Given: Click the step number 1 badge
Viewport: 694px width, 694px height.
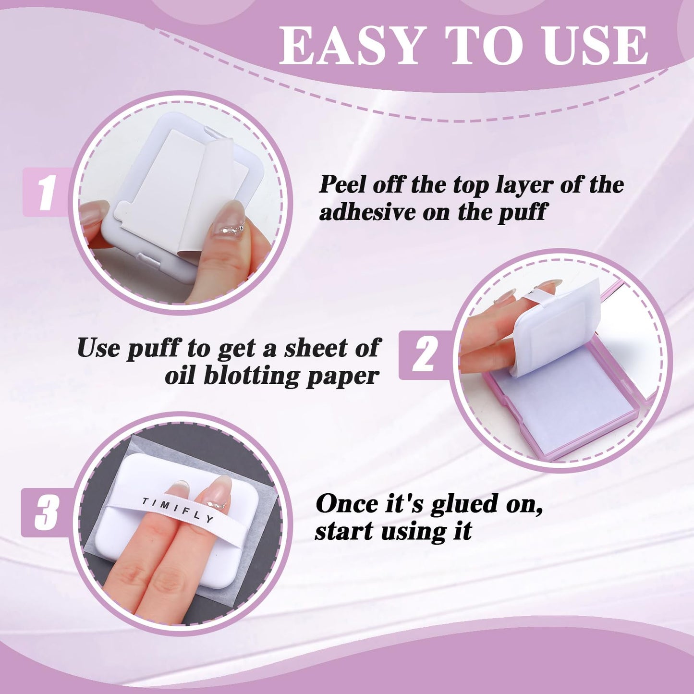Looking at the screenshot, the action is tap(46, 192).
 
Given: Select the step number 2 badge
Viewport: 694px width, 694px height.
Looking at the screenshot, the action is tap(424, 355).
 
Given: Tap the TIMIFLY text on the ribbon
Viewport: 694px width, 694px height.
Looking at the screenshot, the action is tap(178, 510).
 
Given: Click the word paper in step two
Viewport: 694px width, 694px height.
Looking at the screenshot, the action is tap(343, 377).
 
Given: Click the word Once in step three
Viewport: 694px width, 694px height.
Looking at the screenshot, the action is tap(345, 504).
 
